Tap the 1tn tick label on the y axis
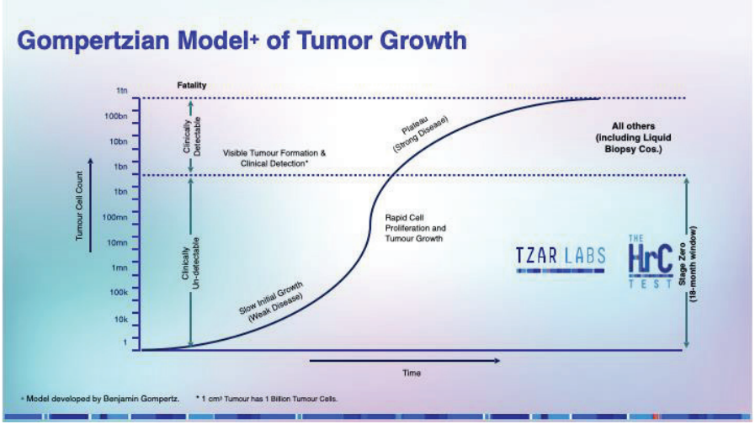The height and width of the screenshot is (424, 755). [122, 89]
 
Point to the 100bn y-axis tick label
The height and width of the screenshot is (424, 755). [116, 115]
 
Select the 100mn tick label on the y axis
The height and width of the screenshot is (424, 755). [114, 217]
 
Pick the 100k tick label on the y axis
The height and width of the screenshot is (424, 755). [117, 293]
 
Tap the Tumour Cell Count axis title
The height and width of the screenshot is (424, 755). [81, 207]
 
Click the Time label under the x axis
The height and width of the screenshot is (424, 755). [410, 373]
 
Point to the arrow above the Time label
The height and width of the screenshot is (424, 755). [404, 360]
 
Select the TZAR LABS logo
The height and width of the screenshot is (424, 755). [561, 257]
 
